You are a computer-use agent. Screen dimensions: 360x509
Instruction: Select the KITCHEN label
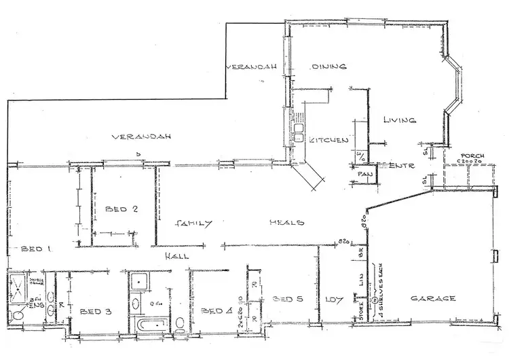click(329, 140)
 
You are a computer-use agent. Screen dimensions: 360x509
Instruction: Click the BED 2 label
click(122, 209)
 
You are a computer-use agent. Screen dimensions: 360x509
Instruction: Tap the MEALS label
click(286, 223)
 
